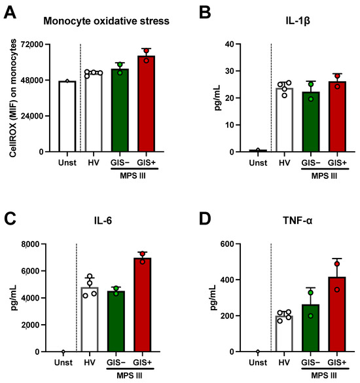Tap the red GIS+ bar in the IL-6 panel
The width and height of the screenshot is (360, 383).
pos(146,305)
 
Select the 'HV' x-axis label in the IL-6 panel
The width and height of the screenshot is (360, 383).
pos(92,362)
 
